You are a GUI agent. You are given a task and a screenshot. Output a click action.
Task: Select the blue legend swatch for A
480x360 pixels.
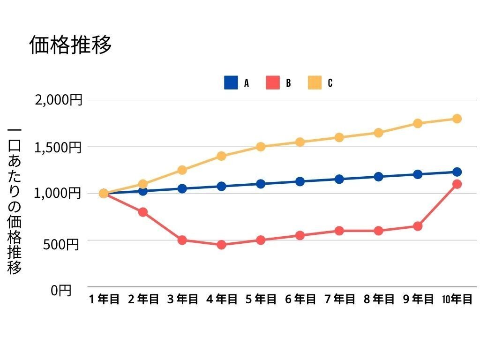pos(231,83)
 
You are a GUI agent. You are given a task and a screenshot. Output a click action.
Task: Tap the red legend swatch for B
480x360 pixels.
pos(273,83)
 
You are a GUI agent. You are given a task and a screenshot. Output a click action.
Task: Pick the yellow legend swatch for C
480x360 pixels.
pos(315,83)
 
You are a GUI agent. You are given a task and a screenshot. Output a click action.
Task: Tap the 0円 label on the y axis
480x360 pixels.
pos(61,291)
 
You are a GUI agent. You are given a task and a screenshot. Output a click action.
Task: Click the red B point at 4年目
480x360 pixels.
pos(222,245)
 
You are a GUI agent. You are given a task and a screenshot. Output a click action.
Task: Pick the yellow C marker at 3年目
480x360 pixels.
pos(182,170)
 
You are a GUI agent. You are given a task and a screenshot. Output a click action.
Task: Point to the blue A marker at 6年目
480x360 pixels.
pos(300,181)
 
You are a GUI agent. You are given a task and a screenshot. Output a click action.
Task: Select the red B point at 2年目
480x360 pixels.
pos(143,212)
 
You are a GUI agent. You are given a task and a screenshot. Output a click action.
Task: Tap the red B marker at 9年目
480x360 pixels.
pos(418,226)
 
